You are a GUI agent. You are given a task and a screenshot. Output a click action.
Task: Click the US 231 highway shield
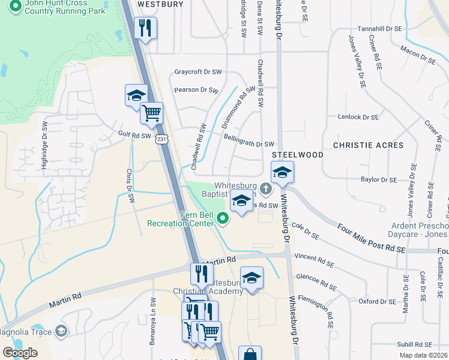tap(161, 139)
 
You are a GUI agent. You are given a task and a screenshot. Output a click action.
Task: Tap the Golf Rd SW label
tap(134, 135)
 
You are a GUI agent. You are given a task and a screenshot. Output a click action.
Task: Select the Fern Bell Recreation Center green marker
tap(224, 219)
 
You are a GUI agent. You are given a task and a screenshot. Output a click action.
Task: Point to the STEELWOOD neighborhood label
tap(298, 155)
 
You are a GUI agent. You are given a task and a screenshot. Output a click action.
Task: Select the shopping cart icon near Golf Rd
tap(151, 112)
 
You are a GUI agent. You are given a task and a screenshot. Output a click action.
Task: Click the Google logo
tap(20, 352)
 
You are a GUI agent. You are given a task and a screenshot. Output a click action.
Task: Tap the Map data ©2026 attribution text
tap(423, 355)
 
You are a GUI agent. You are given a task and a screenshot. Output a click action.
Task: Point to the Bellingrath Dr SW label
tap(249, 144)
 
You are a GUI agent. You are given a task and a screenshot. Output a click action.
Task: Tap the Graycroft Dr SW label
tap(198, 72)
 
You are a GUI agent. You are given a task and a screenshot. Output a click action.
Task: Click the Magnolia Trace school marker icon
tap(61, 331)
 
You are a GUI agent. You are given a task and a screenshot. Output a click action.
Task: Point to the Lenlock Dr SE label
tap(358, 118)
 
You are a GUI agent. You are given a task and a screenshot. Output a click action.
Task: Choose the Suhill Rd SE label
tap(414, 345)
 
